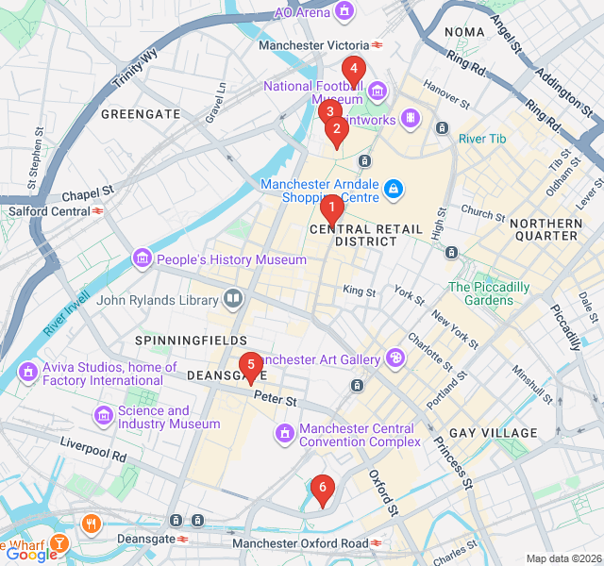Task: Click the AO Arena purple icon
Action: (345, 12)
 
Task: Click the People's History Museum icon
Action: (142, 258)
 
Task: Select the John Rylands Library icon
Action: (232, 301)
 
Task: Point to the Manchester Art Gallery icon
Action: (394, 358)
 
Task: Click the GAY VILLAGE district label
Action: (492, 433)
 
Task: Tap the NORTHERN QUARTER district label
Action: (546, 230)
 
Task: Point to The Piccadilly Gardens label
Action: (488, 293)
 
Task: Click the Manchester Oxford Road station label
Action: (300, 543)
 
